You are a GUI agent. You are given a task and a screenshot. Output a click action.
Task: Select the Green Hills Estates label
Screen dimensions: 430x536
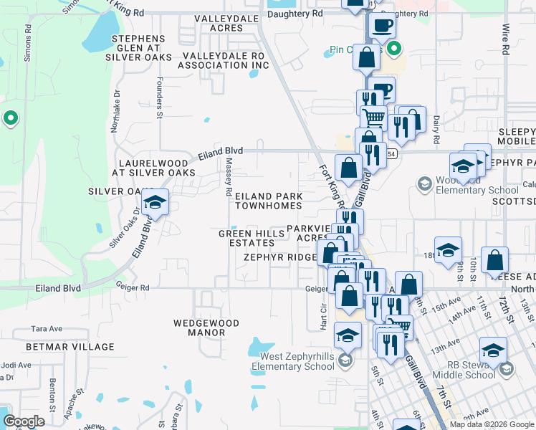[x=246, y=238]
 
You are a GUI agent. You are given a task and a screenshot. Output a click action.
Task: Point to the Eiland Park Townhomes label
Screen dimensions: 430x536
[x=269, y=201]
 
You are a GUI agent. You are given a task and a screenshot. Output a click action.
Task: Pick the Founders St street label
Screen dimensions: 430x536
[x=160, y=94]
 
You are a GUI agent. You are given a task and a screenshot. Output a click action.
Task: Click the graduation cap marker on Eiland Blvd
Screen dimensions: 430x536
[x=155, y=203]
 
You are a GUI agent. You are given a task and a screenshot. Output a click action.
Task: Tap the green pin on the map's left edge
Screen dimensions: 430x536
[x=10, y=118]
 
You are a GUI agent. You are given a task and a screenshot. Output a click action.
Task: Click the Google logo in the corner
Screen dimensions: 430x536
[x=24, y=421]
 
